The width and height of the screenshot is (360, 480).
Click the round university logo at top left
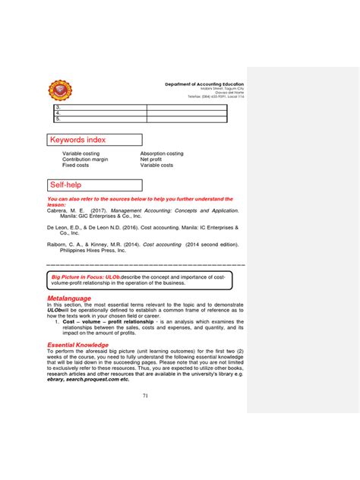(60, 91)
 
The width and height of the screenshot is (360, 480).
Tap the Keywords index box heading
(77, 140)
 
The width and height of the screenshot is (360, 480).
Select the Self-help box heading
(66, 185)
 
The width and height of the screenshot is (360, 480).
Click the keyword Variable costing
(81, 153)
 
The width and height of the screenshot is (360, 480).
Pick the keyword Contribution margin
(85, 159)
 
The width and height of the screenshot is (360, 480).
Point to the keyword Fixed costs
(76, 165)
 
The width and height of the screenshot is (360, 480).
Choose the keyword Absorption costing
(162, 153)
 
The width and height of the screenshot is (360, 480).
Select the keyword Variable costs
(156, 165)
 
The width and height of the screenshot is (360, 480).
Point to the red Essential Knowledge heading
(78, 345)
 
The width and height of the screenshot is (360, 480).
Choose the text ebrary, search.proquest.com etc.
(87, 379)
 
